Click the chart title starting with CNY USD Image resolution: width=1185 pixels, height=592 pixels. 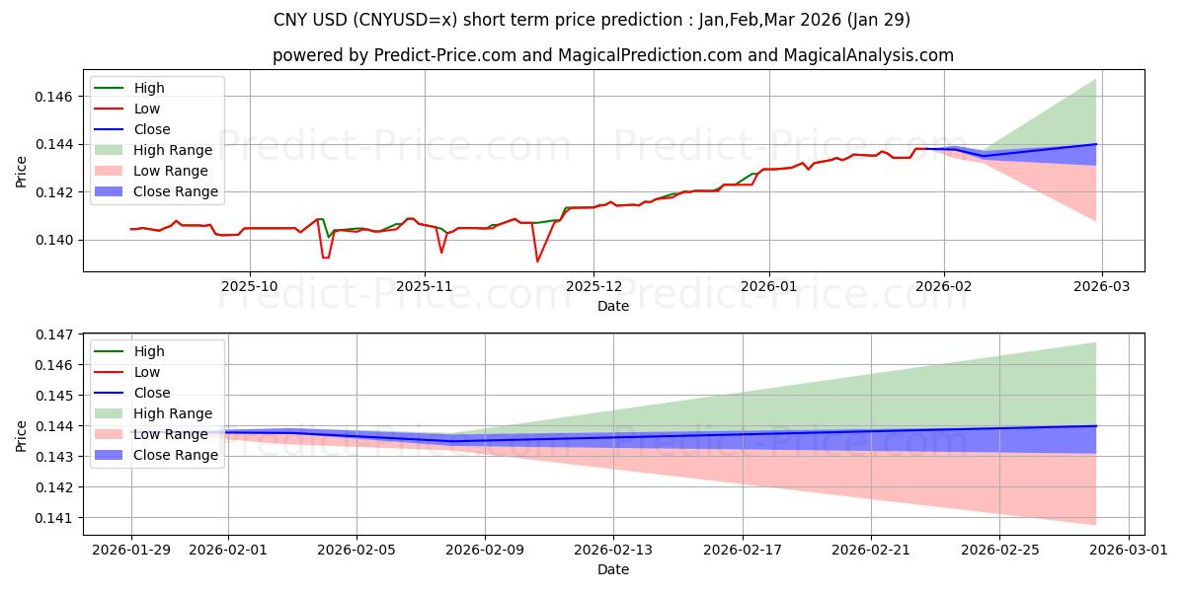coord(592,20)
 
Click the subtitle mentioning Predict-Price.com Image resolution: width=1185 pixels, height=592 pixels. coord(612,55)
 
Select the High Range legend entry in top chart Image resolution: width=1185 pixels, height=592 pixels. coord(173,150)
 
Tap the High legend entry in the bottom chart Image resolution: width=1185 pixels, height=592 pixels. coord(149,351)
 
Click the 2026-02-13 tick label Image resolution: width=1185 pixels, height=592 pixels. coord(613,549)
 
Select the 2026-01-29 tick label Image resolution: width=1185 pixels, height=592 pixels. coord(131,549)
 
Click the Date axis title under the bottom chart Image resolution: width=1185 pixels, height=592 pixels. coord(612,569)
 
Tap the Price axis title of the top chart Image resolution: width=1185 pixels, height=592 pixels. coord(22,173)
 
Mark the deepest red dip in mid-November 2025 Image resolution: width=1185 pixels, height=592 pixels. coord(537,261)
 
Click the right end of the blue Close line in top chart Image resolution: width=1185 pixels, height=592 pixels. coord(1096,144)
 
